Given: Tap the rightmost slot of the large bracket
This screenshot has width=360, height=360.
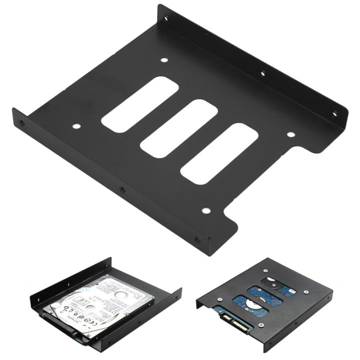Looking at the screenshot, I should tap(218, 153).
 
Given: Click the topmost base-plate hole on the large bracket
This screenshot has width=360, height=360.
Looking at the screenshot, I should tap(164, 60).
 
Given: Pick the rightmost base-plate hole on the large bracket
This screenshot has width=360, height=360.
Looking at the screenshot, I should tap(288, 134).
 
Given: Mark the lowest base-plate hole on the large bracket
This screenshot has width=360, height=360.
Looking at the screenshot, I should tap(204, 211).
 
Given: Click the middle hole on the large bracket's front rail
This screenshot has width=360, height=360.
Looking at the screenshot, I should tap(121, 189).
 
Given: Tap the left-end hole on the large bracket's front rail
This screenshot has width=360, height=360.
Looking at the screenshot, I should tap(20, 122).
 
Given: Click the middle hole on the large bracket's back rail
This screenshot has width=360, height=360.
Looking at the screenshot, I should tap(262, 74).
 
